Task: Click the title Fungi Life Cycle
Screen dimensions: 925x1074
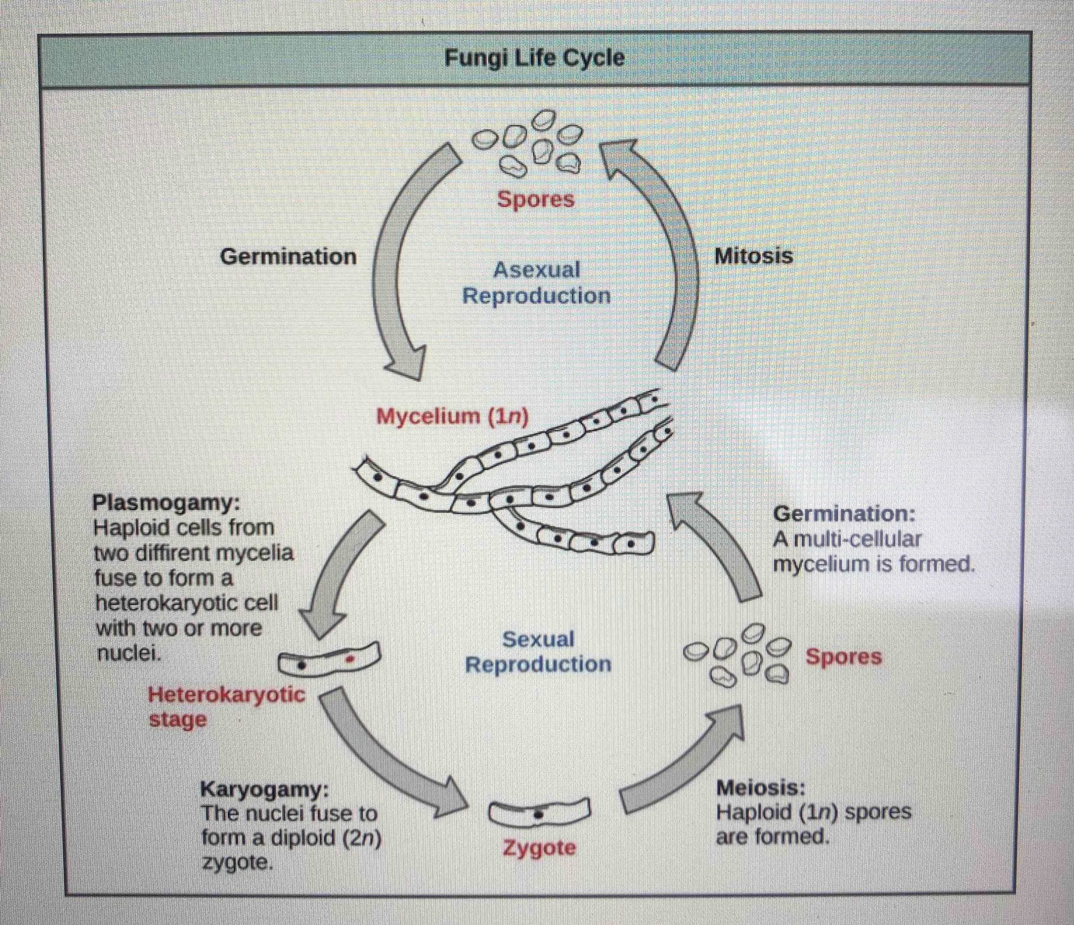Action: tap(534, 57)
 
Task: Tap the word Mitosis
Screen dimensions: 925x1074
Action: tap(753, 256)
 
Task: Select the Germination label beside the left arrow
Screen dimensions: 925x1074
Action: tap(288, 257)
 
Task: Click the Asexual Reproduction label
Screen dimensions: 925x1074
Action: tap(536, 283)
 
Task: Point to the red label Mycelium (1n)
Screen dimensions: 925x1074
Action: tap(452, 416)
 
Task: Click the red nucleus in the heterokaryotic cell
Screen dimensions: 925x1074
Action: tap(350, 659)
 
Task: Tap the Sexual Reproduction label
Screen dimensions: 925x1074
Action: tap(538, 651)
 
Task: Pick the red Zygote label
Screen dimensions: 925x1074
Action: tap(539, 848)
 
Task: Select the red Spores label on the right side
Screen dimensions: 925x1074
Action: tap(843, 657)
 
